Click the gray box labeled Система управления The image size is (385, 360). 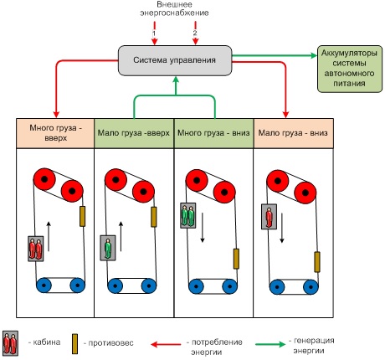tap(175, 60)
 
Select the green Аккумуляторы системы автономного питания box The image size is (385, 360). tap(350, 69)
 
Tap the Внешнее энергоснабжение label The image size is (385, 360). tap(174, 8)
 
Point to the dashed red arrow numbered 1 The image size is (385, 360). tap(154, 33)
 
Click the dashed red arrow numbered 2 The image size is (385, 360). tap(195, 33)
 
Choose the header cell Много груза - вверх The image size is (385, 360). tap(55, 133)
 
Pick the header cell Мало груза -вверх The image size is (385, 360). tap(134, 133)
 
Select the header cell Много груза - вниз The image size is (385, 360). tap(213, 133)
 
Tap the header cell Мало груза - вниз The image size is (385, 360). tap(293, 133)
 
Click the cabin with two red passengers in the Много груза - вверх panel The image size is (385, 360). tap(36, 249)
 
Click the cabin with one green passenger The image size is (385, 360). tap(108, 248)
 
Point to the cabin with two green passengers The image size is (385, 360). tap(187, 215)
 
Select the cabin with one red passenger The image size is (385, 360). tap(269, 217)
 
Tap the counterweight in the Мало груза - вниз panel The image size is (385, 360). tap(317, 262)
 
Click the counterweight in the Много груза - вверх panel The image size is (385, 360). tap(82, 216)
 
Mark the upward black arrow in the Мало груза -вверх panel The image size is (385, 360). tap(121, 237)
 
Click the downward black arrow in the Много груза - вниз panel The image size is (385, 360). tap(203, 228)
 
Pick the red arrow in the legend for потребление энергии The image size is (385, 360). tap(166, 344)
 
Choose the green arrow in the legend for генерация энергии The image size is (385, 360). tap(270, 344)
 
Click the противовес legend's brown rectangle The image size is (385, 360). tap(74, 344)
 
